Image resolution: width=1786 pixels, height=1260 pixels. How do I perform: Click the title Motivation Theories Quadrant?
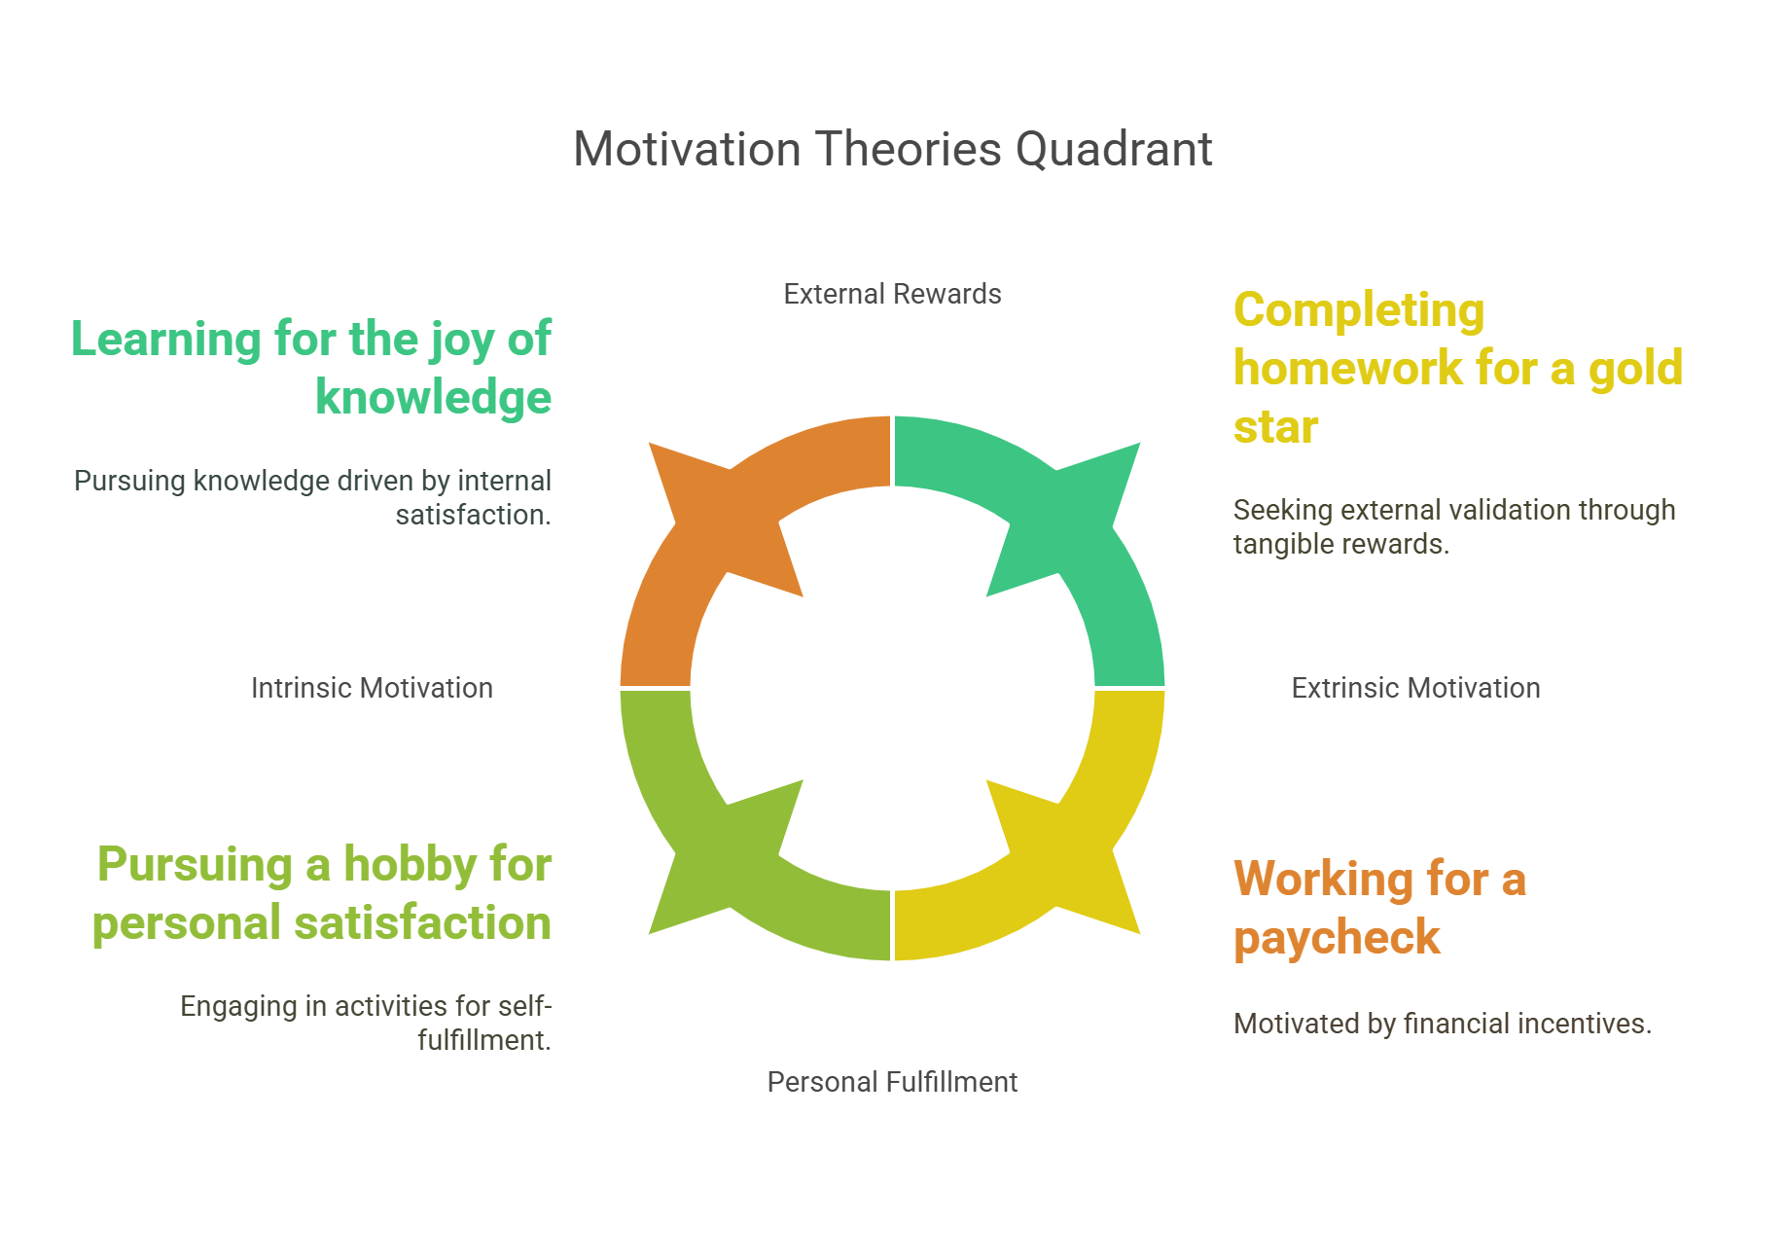point(892,150)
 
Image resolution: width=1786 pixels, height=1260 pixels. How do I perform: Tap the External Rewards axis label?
point(892,294)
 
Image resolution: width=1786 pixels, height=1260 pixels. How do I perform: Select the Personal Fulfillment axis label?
point(892,1082)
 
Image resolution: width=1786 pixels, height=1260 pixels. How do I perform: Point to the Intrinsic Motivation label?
point(372,688)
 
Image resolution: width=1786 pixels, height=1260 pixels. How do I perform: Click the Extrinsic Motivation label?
point(1415,688)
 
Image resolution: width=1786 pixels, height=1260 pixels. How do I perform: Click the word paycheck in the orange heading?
point(1337,938)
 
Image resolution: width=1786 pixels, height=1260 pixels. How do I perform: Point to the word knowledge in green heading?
point(433,398)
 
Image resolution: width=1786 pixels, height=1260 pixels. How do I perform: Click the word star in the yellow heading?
point(1275,427)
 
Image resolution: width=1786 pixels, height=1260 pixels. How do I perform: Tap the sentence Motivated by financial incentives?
point(1442,1024)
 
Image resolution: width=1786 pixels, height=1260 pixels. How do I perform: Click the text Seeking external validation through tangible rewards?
point(1453,526)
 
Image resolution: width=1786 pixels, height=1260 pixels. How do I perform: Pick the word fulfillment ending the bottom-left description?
point(483,1040)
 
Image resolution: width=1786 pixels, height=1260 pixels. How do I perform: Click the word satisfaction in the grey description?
point(472,515)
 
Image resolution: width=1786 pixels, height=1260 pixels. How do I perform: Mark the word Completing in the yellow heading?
point(1359,311)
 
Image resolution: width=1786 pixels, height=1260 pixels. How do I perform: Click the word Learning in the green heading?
point(165,340)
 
